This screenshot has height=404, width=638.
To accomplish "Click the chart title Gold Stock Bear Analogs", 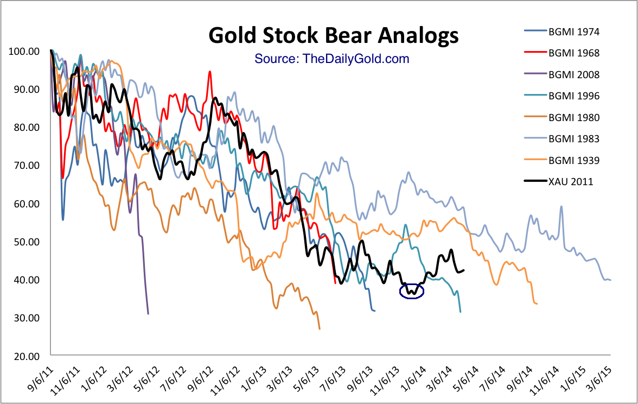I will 334,36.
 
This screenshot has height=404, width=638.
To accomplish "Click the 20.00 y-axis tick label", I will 25,356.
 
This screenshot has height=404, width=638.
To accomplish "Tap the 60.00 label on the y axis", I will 25,204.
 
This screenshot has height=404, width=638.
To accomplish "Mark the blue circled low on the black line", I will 411,292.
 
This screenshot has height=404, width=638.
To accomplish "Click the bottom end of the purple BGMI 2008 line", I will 148,313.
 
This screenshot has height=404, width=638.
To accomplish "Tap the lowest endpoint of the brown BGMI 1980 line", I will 320,329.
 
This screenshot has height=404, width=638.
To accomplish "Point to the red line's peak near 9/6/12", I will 210,71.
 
